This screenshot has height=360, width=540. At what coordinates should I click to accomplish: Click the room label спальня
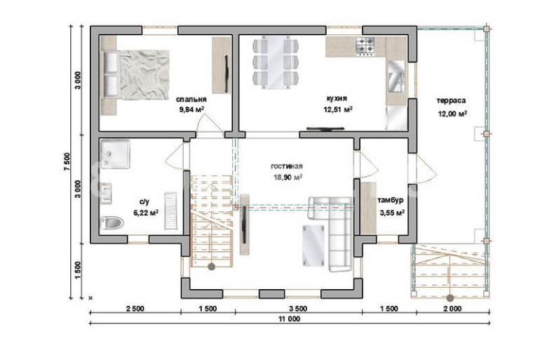tap(191, 100)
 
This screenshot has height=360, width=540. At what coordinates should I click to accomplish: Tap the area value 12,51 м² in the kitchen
tap(338, 109)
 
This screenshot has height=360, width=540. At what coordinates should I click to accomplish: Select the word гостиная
tap(287, 166)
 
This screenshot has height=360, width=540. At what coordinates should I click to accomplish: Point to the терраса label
tap(451, 100)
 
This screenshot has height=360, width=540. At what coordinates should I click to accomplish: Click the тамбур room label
tap(391, 201)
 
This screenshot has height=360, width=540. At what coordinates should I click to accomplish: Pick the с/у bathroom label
tap(144, 202)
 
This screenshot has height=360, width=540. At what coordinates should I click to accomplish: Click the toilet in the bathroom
tap(112, 223)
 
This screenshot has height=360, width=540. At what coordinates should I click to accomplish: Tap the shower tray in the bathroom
tap(115, 154)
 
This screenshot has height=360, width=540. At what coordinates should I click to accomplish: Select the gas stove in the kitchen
tap(365, 46)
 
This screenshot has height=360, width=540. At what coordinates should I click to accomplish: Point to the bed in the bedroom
tap(135, 75)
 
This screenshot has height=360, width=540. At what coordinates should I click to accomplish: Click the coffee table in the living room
tap(313, 246)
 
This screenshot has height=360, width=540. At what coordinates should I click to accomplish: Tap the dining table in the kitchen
tap(276, 62)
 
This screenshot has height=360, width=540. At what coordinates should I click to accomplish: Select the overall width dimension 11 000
tap(289, 319)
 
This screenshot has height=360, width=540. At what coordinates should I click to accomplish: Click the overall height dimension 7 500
tap(67, 161)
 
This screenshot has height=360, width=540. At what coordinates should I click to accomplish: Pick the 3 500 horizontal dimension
tap(298, 309)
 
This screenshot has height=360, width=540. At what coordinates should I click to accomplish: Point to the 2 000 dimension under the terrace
tap(452, 309)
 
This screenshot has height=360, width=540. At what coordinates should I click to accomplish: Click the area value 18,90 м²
tap(288, 178)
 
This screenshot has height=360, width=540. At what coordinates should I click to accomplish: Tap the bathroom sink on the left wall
tap(106, 193)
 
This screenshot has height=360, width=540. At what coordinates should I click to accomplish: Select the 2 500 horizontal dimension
tap(135, 309)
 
